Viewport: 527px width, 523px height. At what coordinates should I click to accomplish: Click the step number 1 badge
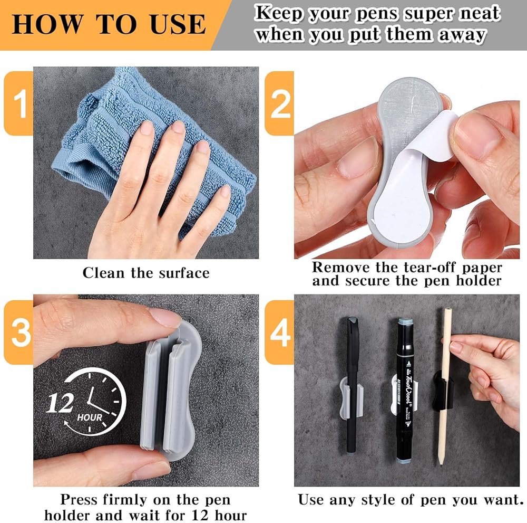tap(18, 103)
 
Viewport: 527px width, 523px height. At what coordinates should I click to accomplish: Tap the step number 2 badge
tap(280, 103)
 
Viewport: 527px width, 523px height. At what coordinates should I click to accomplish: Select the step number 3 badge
tap(18, 332)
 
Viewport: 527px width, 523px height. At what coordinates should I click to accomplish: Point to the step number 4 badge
tap(280, 332)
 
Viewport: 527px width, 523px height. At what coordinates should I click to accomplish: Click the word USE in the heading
tap(178, 24)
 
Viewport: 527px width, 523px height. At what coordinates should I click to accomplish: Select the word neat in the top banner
tap(480, 14)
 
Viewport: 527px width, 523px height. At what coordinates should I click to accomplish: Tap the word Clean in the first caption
tap(103, 273)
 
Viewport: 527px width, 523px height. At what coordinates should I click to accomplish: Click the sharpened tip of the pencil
tap(440, 464)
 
